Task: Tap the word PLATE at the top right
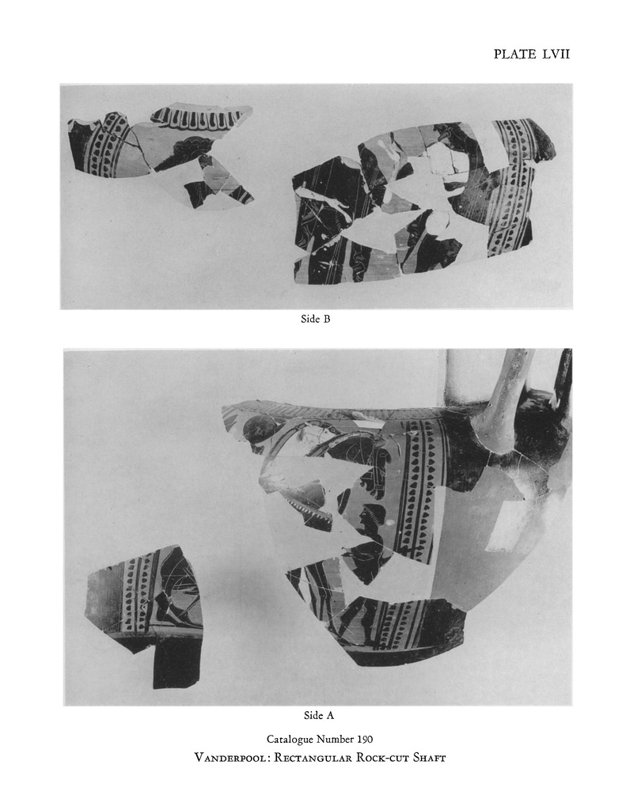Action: [x=515, y=55]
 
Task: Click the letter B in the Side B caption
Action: [x=326, y=319]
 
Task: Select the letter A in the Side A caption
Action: [x=329, y=715]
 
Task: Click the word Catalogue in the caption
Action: [x=290, y=740]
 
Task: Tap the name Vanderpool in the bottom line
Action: [x=230, y=758]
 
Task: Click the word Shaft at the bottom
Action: [x=429, y=758]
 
